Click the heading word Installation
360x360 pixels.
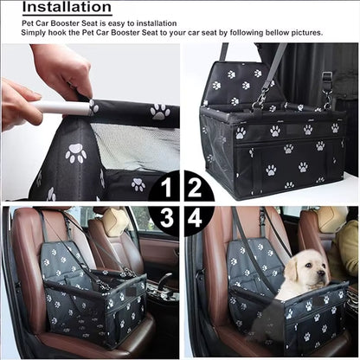(66, 9)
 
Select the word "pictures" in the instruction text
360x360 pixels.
(304, 33)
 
